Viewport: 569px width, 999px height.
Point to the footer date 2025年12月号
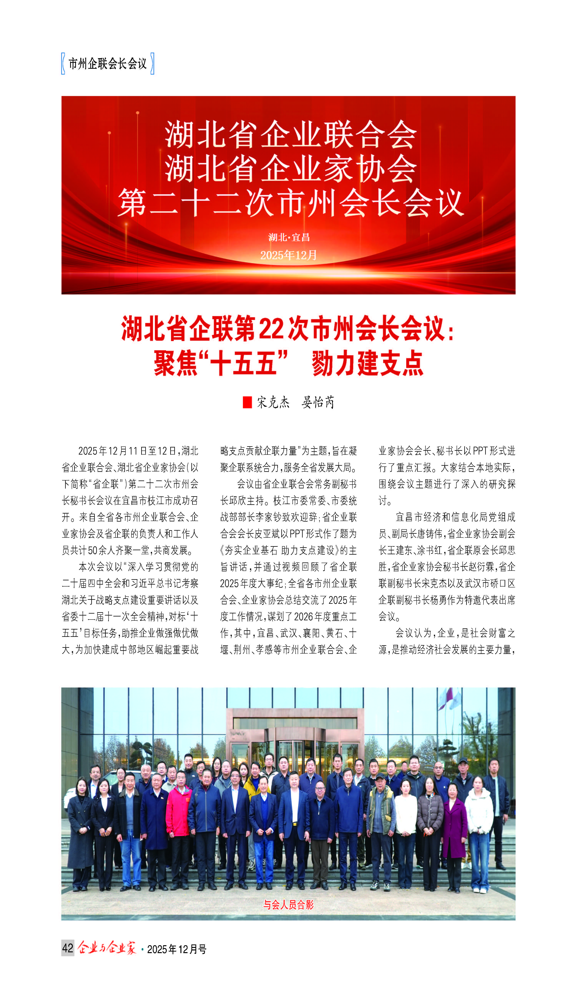click(x=177, y=949)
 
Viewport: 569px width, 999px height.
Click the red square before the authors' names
click(x=247, y=402)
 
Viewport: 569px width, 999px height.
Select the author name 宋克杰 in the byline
click(x=273, y=402)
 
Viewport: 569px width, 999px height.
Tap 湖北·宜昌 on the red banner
click(x=289, y=237)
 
